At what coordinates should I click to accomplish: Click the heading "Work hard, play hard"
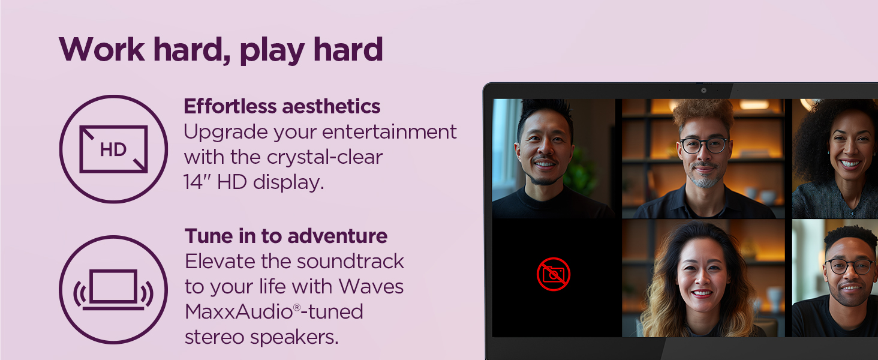(x=221, y=49)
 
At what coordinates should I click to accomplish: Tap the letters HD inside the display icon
(x=113, y=149)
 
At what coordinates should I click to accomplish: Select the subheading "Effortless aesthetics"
(x=282, y=106)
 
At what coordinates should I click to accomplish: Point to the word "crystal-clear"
(x=324, y=157)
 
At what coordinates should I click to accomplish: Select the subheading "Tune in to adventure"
(x=286, y=236)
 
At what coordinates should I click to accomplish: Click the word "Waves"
(x=371, y=286)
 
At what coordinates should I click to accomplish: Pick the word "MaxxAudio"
(x=239, y=312)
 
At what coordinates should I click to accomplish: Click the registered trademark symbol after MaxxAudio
(x=297, y=307)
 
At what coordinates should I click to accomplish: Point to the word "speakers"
(x=294, y=337)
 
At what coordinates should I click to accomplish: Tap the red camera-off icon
(x=554, y=274)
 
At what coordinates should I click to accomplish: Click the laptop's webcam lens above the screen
(x=704, y=91)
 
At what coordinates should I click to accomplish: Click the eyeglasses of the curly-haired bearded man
(x=704, y=145)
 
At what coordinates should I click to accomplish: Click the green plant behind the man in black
(x=580, y=173)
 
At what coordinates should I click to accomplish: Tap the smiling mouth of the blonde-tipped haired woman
(x=702, y=293)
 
